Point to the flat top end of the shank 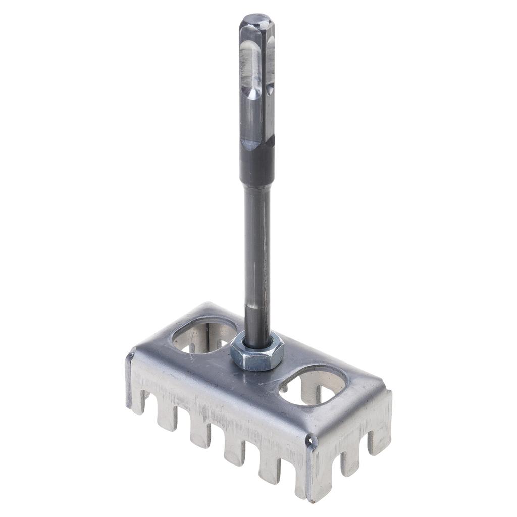click(257, 20)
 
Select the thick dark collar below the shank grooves click(257, 167)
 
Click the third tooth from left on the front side click(200, 433)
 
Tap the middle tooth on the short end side click(350, 462)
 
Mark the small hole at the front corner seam click(312, 443)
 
